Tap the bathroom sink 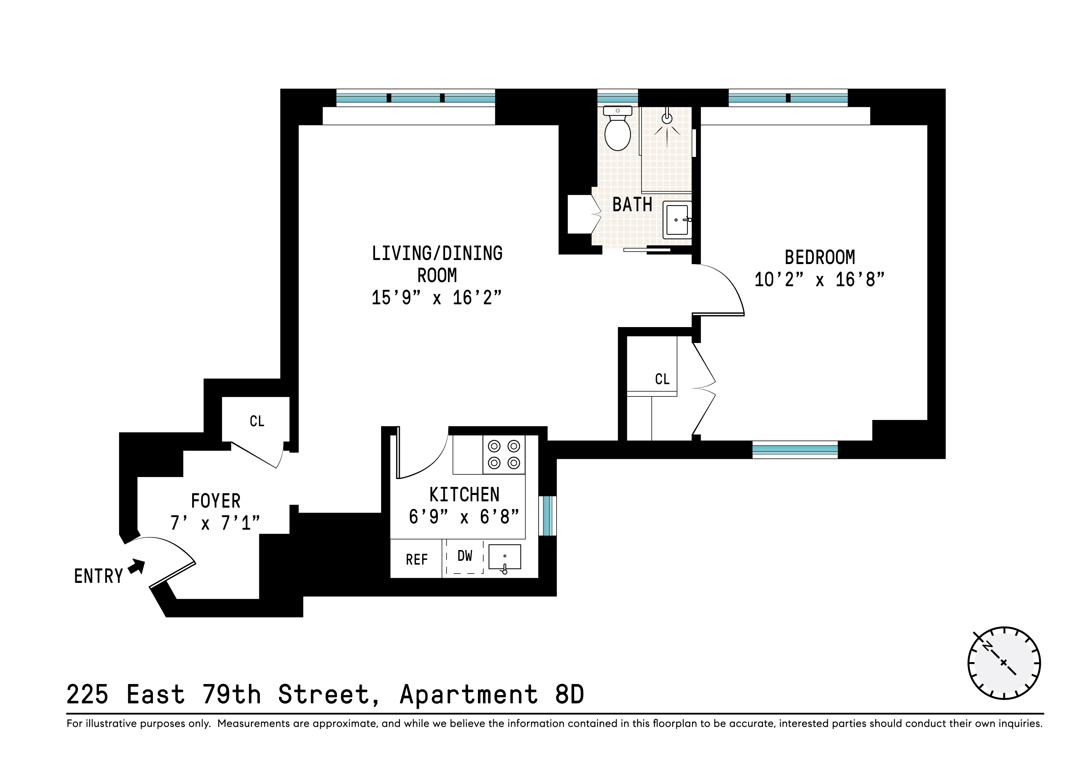coord(677,220)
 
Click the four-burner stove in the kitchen coord(504,454)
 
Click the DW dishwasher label coord(465,556)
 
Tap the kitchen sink coord(504,557)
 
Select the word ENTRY coord(98,576)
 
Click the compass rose coord(1004,663)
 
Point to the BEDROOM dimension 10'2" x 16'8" coord(819,280)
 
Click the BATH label coord(632,205)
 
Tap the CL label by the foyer coord(257,421)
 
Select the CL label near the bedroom coord(662,379)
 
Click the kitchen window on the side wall coord(547,516)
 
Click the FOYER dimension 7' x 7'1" coord(215,523)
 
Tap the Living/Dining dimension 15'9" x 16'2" coord(436,298)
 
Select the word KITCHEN coord(464,495)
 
